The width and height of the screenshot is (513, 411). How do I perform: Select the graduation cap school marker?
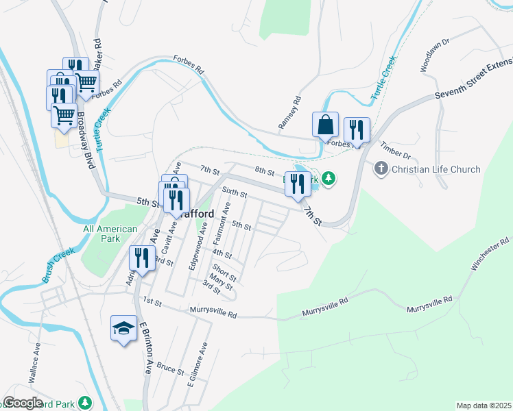click(x=123, y=329)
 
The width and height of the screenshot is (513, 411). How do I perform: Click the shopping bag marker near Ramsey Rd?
click(x=325, y=125)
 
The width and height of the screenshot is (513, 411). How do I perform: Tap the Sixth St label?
click(x=235, y=194)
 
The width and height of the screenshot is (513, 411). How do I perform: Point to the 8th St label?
click(x=264, y=171)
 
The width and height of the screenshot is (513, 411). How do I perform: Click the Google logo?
click(x=23, y=403)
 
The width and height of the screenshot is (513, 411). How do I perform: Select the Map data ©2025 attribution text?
click(x=484, y=406)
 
